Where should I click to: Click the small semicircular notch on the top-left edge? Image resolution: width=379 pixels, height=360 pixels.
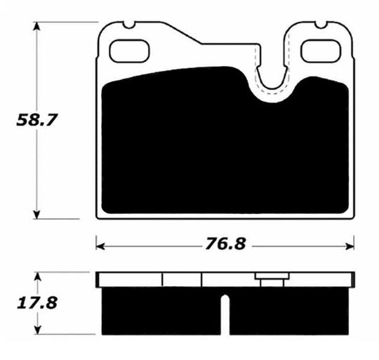click(128, 25)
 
